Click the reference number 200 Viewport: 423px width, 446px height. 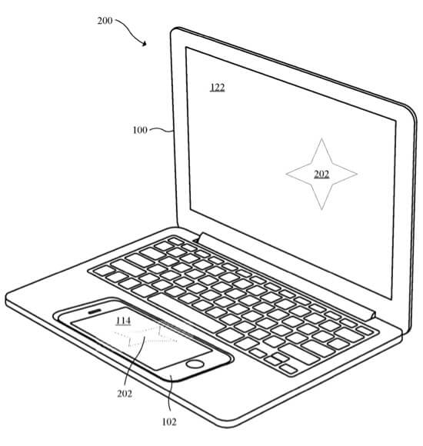click(x=105, y=21)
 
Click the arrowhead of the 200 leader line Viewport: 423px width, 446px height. click(x=145, y=43)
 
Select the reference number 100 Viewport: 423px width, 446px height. click(x=140, y=130)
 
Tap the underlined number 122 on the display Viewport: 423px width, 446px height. click(x=218, y=88)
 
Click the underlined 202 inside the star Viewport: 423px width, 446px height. click(x=321, y=174)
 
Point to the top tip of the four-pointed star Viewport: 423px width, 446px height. click(x=321, y=139)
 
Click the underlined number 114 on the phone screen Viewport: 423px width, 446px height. click(x=123, y=321)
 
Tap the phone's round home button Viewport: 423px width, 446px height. click(x=195, y=364)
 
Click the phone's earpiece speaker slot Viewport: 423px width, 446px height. click(x=95, y=311)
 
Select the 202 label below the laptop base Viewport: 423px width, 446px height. click(x=125, y=394)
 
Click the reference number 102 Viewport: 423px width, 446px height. click(x=169, y=421)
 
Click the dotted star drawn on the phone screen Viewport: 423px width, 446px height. click(x=145, y=337)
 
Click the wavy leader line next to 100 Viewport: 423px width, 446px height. click(x=162, y=130)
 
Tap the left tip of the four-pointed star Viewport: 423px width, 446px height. click(x=286, y=174)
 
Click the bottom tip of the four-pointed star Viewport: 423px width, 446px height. click(x=321, y=209)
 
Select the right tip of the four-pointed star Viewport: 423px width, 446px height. click(x=357, y=174)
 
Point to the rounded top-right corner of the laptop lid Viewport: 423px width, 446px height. click(x=410, y=109)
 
